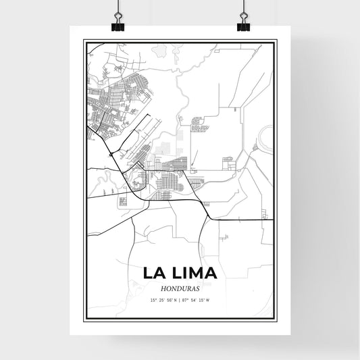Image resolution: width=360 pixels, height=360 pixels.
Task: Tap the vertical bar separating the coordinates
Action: coord(180,299)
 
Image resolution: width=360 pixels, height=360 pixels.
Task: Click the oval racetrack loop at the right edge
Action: coord(265,138)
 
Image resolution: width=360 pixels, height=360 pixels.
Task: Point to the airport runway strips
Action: coord(145,135)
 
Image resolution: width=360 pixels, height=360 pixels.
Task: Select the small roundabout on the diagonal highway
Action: coord(111,155)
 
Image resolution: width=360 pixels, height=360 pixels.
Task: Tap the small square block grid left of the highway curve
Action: coord(124,201)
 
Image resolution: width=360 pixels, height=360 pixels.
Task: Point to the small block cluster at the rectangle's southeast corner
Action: coord(228,162)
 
